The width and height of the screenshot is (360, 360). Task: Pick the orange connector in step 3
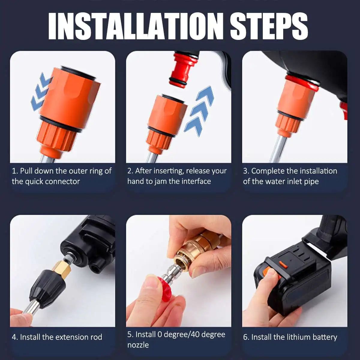tap(295, 102)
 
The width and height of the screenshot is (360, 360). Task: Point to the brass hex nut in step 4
tap(63, 268)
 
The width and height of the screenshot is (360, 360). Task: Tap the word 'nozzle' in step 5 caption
tap(138, 345)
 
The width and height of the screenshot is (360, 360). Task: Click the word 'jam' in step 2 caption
tap(160, 181)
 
